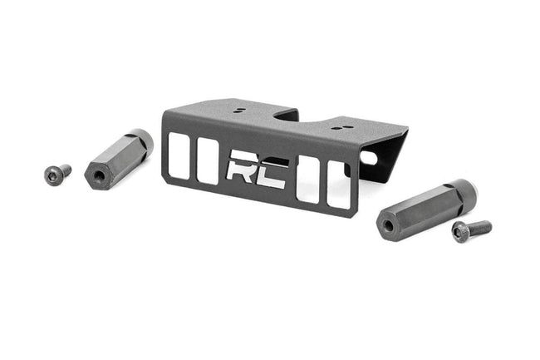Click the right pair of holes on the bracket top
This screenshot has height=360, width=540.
340,127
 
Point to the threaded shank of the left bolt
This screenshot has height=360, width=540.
64,170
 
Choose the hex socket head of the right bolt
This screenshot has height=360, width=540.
459,233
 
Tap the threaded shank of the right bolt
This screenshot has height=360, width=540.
479,226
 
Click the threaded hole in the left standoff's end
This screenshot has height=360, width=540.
99,175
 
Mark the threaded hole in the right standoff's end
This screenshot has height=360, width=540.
386,224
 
